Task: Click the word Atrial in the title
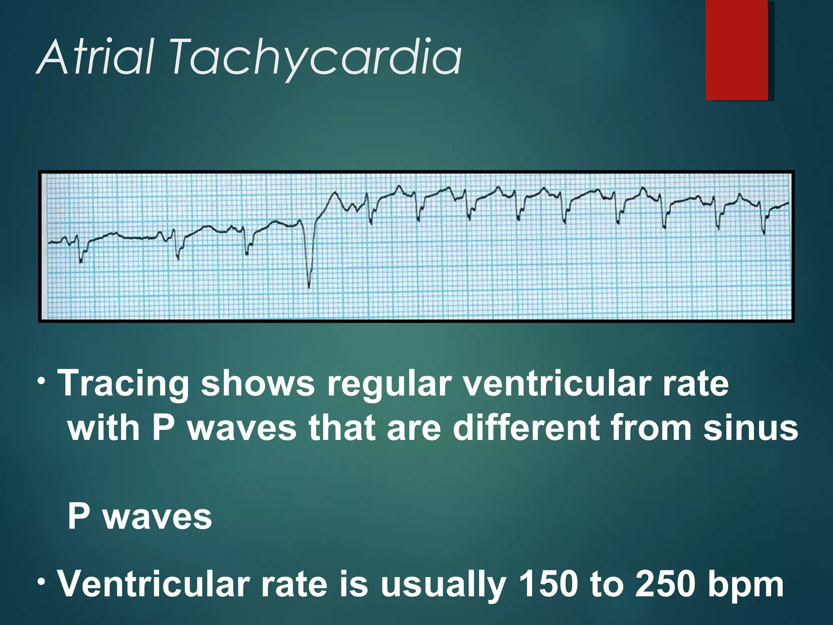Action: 96,57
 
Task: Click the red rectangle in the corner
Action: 737,50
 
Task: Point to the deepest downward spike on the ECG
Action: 309,285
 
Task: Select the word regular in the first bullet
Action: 389,384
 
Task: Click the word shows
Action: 258,384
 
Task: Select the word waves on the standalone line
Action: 158,517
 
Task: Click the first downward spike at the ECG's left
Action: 81,260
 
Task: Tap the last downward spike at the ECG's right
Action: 764,233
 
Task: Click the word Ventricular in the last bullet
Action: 153,584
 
